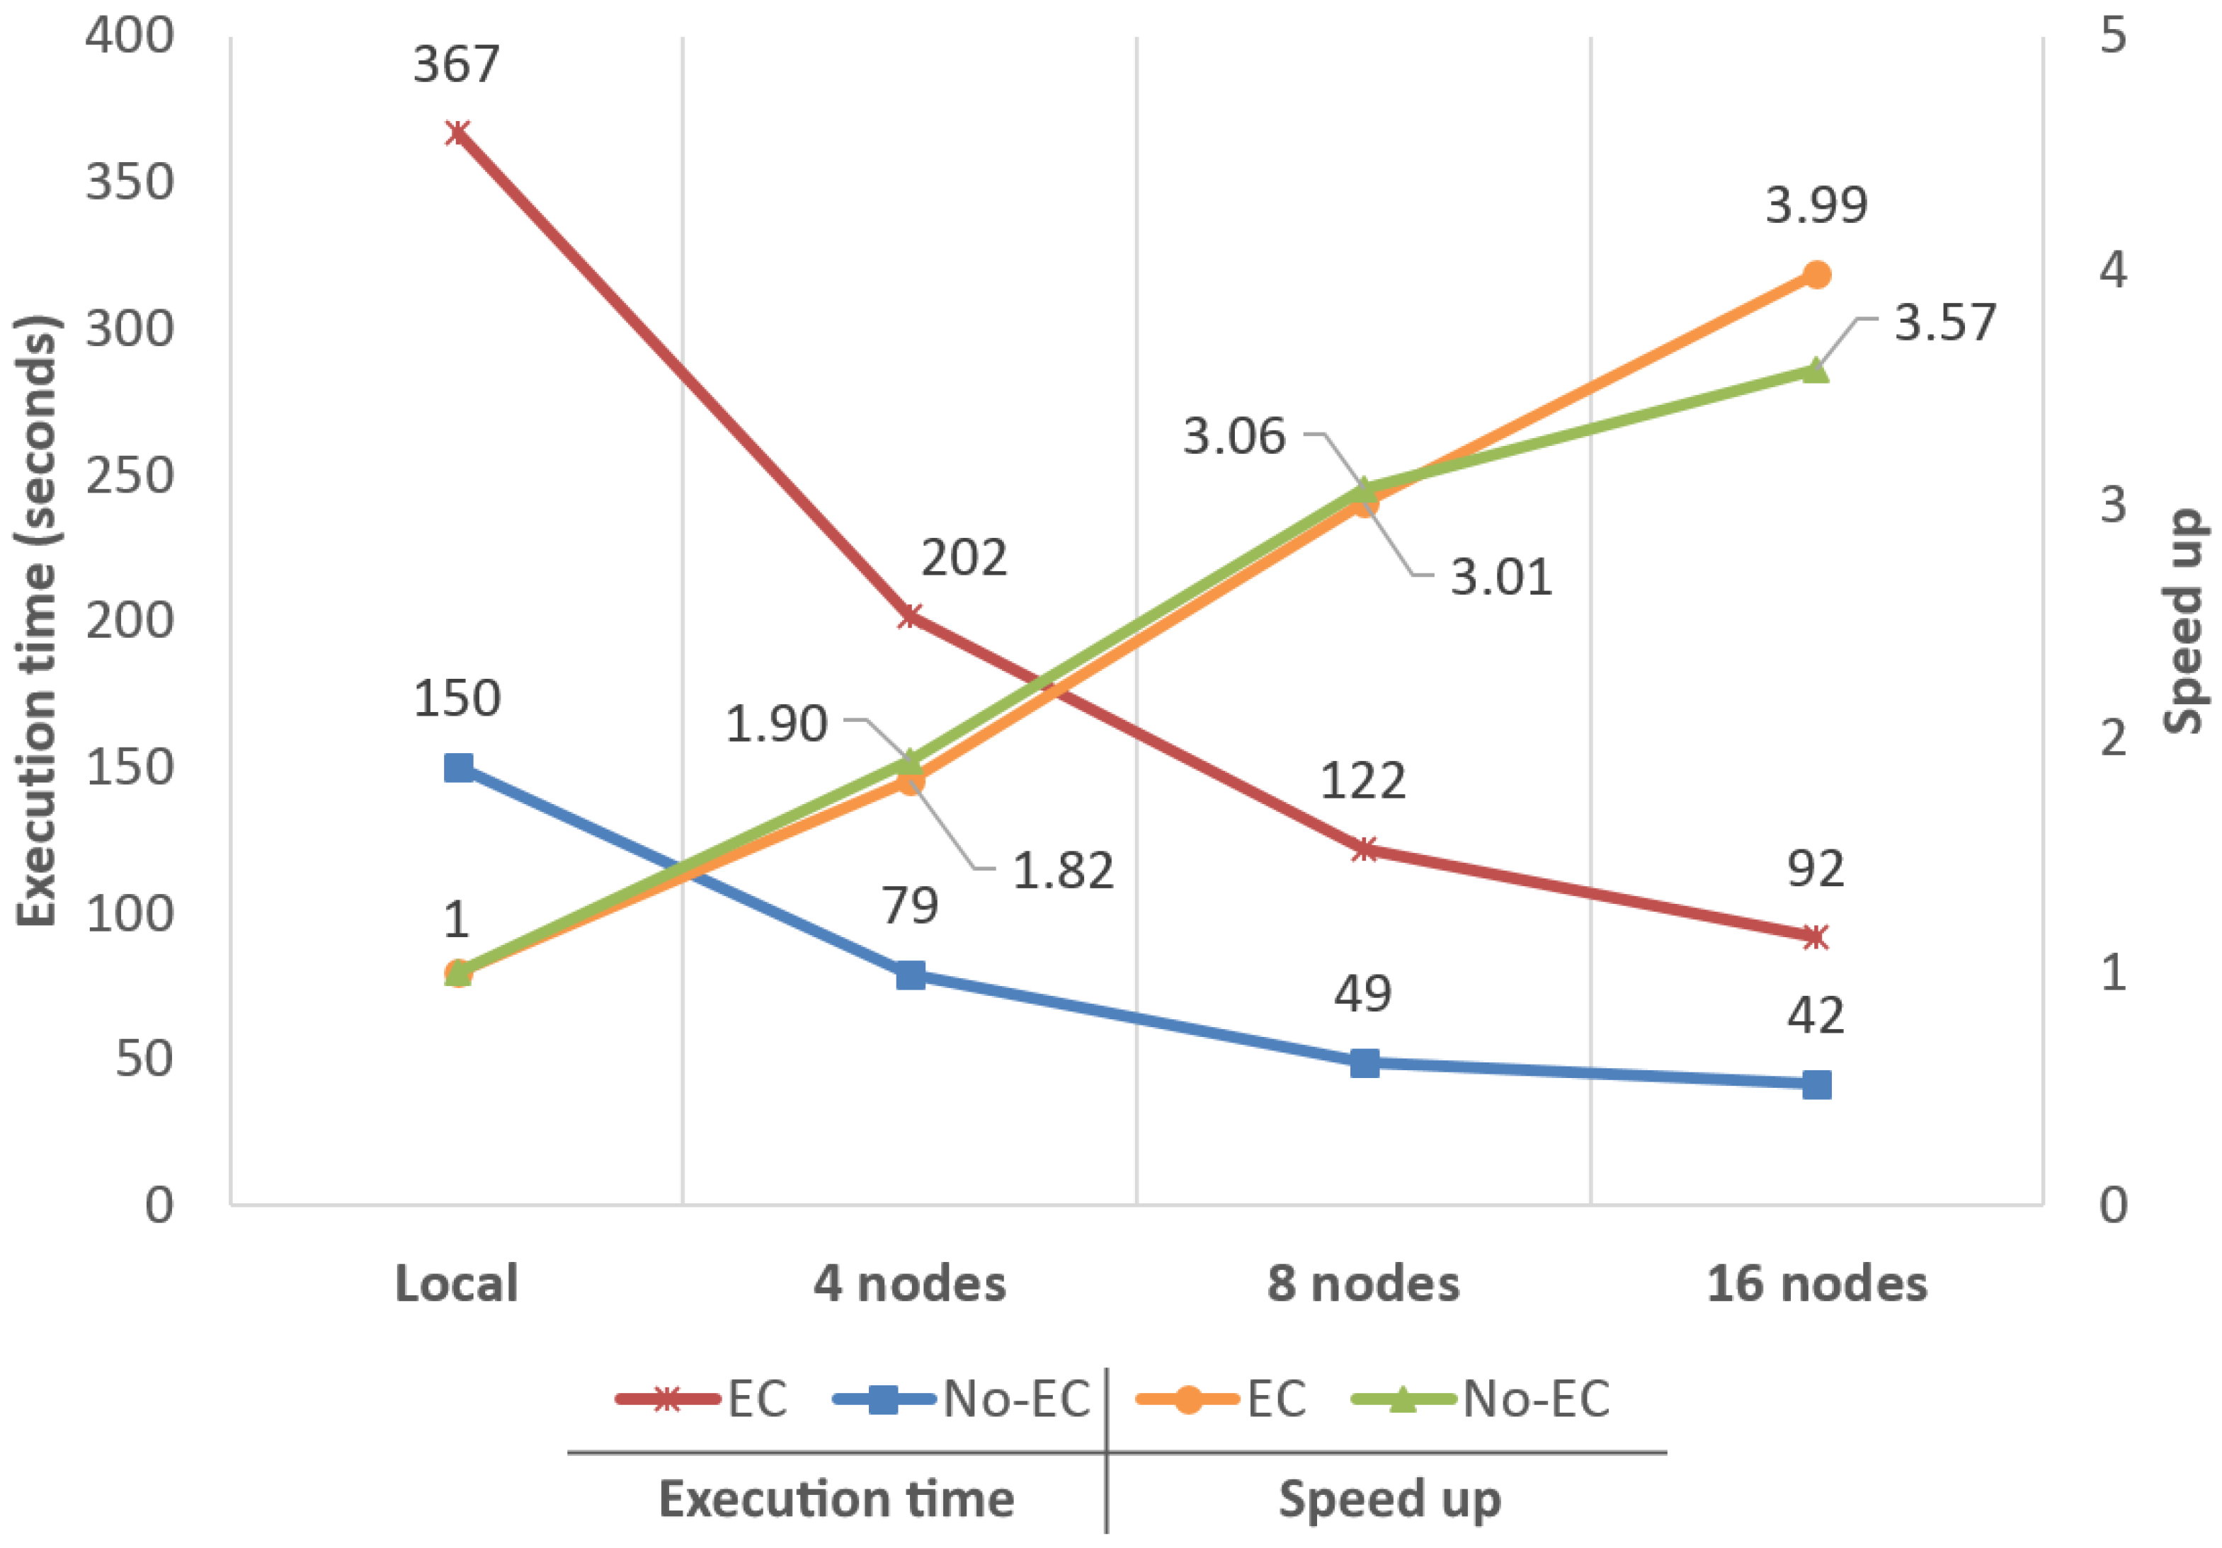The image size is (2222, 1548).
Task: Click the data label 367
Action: coord(456,65)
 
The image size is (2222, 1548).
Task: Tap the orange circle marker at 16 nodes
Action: coord(1816,275)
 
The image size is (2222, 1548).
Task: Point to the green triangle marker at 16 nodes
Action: coord(1816,371)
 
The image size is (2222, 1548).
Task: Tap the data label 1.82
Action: coord(1063,871)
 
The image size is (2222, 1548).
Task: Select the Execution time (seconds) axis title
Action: coord(39,621)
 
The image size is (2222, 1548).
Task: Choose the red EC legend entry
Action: coord(702,1399)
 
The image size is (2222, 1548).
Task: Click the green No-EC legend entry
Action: coord(1481,1399)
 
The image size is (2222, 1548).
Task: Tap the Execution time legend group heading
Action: coord(836,1498)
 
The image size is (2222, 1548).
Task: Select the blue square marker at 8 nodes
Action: coord(1364,1063)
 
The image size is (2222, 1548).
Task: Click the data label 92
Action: coord(1815,868)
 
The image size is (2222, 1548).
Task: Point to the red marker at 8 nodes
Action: coord(1364,849)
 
